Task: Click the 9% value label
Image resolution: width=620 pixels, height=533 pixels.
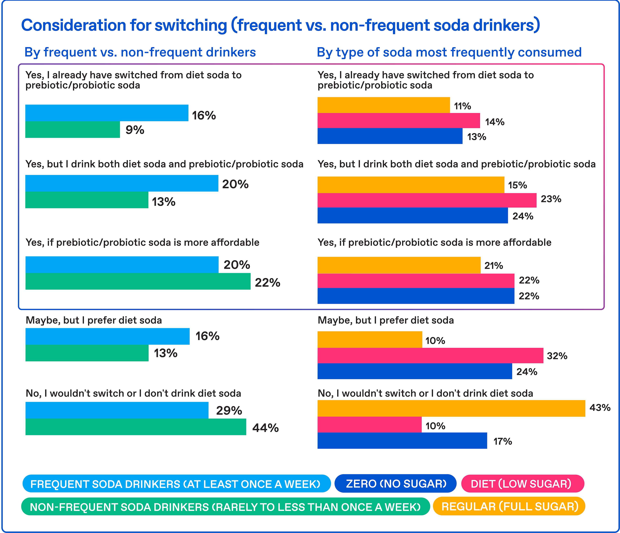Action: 135,130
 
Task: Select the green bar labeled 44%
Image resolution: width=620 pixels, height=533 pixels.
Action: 136,427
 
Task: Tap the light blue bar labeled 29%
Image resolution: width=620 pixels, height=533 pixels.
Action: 117,410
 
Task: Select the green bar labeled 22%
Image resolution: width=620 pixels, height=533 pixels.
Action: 138,281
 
